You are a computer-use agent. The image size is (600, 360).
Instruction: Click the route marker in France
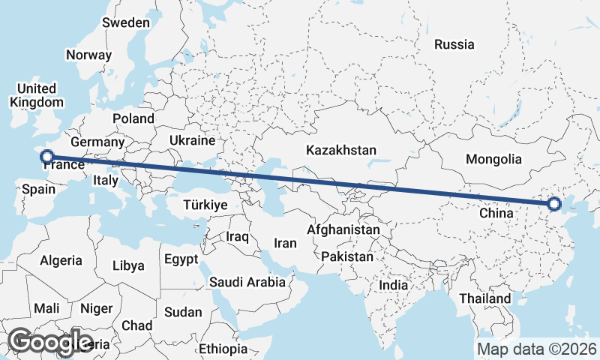pos(47,157)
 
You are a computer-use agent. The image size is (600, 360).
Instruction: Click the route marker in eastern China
pos(554,203)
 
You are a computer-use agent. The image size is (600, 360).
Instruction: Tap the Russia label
pos(454,44)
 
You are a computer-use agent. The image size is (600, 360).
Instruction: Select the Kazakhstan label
pos(341,150)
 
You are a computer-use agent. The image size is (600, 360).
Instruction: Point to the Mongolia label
pos(493,159)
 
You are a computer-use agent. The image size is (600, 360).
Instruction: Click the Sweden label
pos(126,22)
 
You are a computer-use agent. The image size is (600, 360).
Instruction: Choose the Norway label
pos(88,55)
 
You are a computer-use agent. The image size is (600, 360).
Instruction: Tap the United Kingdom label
pos(37,95)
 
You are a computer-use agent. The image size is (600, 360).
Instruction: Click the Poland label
pos(133,118)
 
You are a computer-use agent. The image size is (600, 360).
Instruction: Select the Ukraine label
pos(193,140)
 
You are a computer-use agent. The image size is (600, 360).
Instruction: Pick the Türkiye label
pos(205,205)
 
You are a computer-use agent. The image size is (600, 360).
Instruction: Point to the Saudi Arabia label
pos(247,282)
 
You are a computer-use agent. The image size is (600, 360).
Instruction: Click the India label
pos(394,285)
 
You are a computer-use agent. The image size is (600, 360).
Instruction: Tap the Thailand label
pos(485,298)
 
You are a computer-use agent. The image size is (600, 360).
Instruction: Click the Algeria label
pos(61,260)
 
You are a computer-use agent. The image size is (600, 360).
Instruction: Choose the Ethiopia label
pos(223,349)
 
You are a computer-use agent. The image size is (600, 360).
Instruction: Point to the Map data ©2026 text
pos(537,349)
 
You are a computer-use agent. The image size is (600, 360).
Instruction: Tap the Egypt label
pos(181,259)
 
